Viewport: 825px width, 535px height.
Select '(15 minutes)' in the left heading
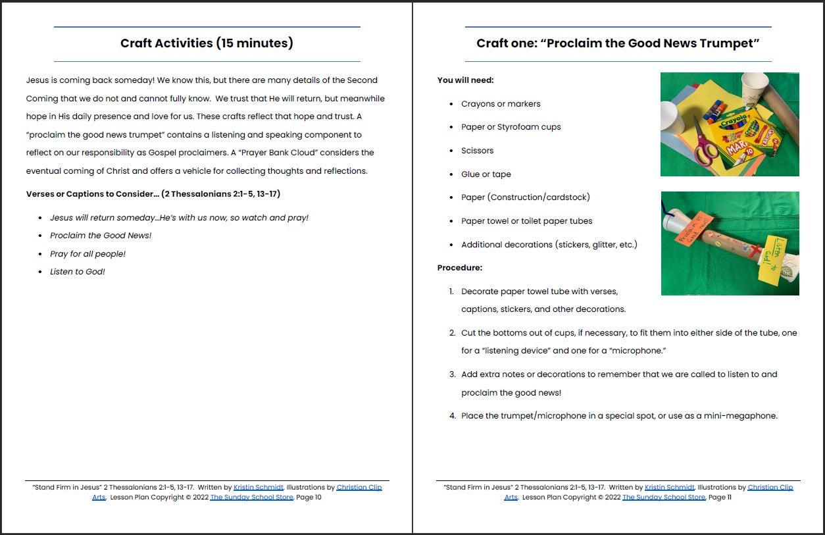(x=254, y=43)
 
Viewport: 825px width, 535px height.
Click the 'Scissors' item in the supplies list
(x=477, y=151)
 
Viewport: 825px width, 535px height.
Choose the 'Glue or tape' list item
(x=486, y=174)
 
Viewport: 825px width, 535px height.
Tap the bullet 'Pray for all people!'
(x=87, y=254)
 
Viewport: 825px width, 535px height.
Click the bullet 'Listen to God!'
(x=77, y=272)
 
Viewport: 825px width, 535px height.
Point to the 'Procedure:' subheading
(x=459, y=268)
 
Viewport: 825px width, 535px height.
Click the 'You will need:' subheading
(x=465, y=80)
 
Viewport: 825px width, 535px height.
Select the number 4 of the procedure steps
(x=453, y=416)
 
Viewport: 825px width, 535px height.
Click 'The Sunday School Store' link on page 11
(x=663, y=497)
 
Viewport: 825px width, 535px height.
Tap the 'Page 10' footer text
(x=309, y=497)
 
